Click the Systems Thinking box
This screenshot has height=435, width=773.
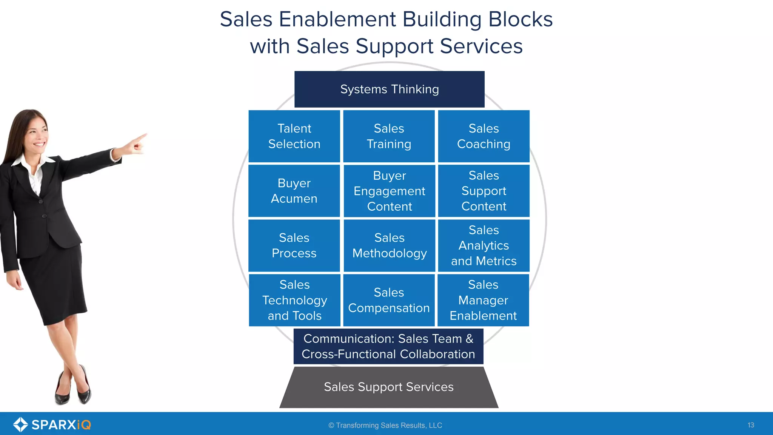[x=389, y=89]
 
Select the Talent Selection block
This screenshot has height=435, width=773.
[x=294, y=136]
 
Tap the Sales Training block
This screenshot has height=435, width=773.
[x=389, y=136]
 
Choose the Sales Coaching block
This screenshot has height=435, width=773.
[x=484, y=136]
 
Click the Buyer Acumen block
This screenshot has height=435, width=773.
[x=294, y=191]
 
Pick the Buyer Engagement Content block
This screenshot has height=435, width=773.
[x=389, y=191]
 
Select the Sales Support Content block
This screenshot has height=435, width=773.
[x=484, y=191]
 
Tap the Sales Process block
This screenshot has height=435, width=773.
[x=294, y=245]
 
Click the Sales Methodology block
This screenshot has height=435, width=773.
[x=389, y=245]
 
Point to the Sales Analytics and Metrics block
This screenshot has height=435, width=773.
[x=484, y=245]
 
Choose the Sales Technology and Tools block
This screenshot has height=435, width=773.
[x=294, y=300]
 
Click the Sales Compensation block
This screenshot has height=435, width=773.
[x=389, y=300]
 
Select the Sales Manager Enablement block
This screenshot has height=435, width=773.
[x=483, y=300]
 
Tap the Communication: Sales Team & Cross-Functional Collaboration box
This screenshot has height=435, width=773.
[x=388, y=346]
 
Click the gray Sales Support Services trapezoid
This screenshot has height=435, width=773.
[x=388, y=387]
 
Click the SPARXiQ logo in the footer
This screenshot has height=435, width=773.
[x=52, y=424]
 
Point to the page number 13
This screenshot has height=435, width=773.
[x=750, y=425]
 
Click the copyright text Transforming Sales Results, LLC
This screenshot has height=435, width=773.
[x=385, y=425]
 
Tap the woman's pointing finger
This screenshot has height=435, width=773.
[x=142, y=137]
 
